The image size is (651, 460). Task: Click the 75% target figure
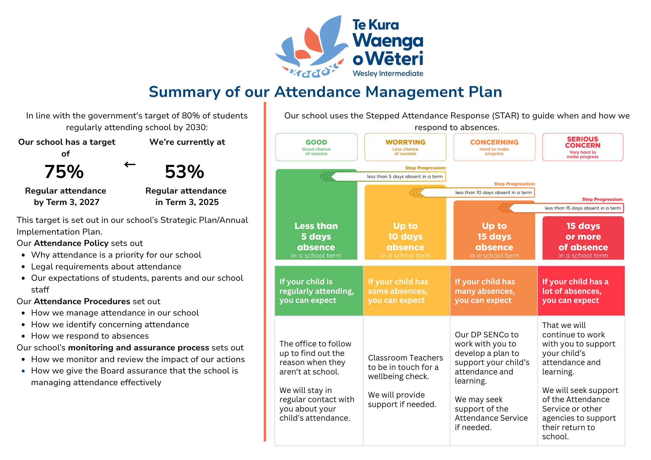click(x=64, y=172)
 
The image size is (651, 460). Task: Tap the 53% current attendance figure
click(x=185, y=172)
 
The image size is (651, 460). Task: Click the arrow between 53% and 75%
click(x=130, y=165)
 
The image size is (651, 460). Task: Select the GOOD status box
click(x=316, y=147)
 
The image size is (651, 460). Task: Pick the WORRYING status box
click(x=405, y=147)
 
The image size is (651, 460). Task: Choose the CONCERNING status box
click(x=494, y=147)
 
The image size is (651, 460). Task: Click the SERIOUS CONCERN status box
click(x=583, y=147)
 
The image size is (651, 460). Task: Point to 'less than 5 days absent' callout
click(x=405, y=177)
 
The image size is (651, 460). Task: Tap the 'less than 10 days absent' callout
click(x=493, y=193)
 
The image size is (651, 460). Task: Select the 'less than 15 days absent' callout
click(x=582, y=208)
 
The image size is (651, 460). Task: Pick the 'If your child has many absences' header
click(x=493, y=291)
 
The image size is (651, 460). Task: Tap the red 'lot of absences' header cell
click(x=581, y=291)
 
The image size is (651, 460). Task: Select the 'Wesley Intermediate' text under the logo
click(x=388, y=74)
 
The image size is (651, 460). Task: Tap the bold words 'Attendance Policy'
click(x=71, y=243)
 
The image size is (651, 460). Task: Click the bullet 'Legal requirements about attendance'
click(x=106, y=266)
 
